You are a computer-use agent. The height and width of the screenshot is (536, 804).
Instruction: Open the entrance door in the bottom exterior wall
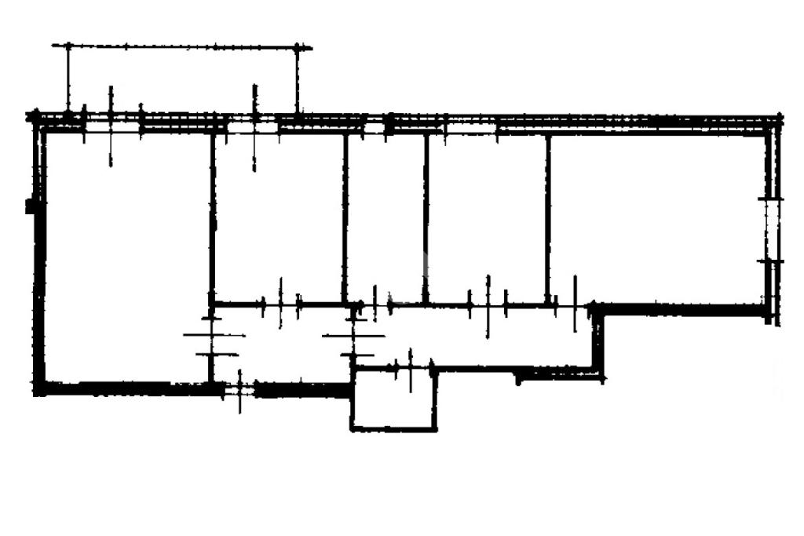pyautogui.click(x=240, y=388)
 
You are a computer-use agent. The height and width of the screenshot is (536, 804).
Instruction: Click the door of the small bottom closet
pyautogui.click(x=410, y=367)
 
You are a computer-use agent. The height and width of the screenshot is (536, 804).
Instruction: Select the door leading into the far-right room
pyautogui.click(x=565, y=304)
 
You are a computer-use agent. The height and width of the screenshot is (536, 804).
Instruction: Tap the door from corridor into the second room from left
pyautogui.click(x=280, y=304)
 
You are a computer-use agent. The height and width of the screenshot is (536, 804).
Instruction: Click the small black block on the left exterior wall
pyautogui.click(x=30, y=206)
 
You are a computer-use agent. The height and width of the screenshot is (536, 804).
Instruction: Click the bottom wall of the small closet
pyautogui.click(x=393, y=428)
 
